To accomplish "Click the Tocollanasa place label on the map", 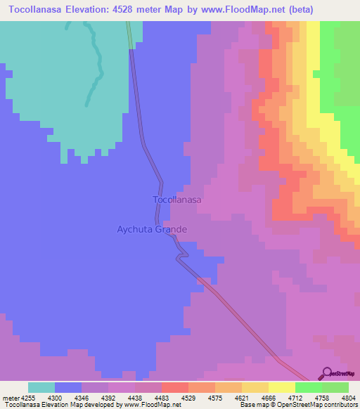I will pyautogui.click(x=177, y=200).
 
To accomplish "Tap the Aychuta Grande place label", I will pyautogui.click(x=152, y=230).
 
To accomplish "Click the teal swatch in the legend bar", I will pyautogui.click(x=41, y=387).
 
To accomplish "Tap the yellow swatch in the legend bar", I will pyautogui.click(x=282, y=387).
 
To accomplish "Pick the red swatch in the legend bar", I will pyautogui.click(x=175, y=387).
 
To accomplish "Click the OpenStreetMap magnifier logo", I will pyautogui.click(x=326, y=373).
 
